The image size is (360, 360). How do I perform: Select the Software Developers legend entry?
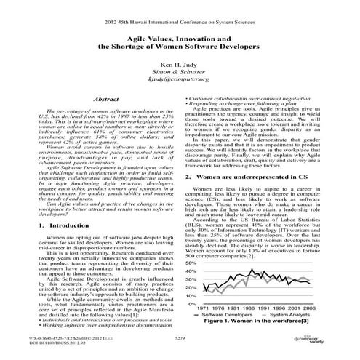(229, 315)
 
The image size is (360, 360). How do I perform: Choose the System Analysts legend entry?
(289, 315)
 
